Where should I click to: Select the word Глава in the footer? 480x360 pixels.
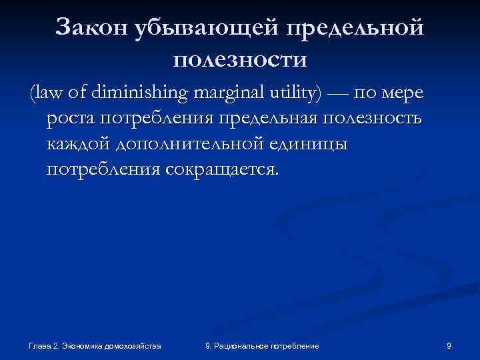(39, 346)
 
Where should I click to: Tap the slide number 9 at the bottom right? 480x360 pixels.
(449, 346)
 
